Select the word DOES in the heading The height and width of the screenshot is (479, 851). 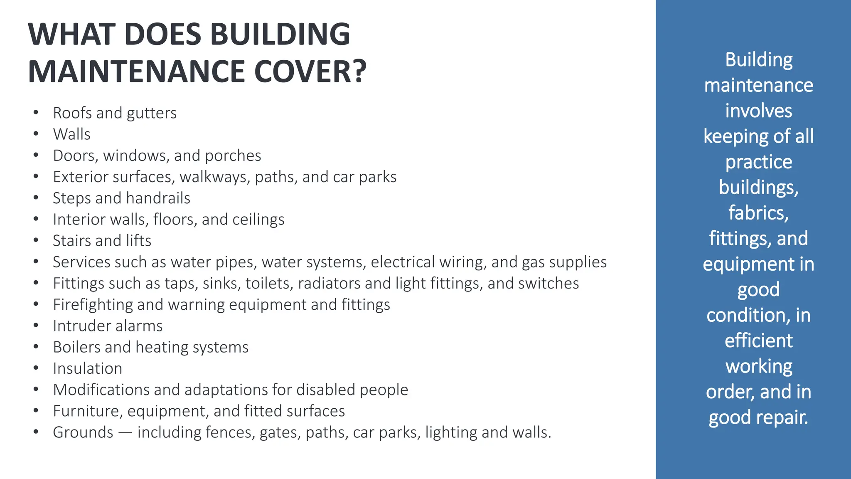[x=162, y=34]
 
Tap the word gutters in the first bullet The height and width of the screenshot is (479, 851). [x=152, y=113]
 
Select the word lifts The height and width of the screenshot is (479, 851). [x=138, y=241]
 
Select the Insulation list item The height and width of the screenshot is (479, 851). [x=88, y=368]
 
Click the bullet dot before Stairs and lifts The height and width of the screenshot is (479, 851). [x=36, y=240]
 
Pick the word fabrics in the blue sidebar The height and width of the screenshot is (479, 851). [x=758, y=213]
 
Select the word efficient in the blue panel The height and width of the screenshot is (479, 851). [x=758, y=341]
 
